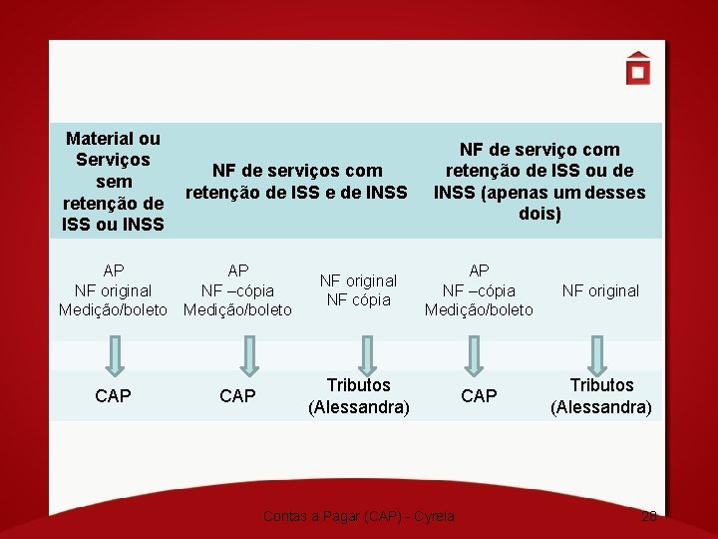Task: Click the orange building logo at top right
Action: pos(638,69)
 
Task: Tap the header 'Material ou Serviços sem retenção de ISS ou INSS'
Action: pos(113,182)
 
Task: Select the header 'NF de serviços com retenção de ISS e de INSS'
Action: pos(296,182)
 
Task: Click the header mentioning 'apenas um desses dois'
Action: pos(538,182)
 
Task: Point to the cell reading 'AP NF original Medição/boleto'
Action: pos(113,290)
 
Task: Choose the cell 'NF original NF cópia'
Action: pos(359,290)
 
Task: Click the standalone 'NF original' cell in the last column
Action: pos(600,290)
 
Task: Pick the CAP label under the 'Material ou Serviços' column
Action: pos(113,396)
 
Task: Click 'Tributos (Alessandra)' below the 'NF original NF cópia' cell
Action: pos(359,396)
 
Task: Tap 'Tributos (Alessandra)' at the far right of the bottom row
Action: pos(601,396)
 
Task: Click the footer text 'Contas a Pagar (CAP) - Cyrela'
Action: pos(359,516)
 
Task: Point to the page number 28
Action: pos(649,516)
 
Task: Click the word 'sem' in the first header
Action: pos(114,182)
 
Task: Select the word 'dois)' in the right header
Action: pos(538,214)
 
